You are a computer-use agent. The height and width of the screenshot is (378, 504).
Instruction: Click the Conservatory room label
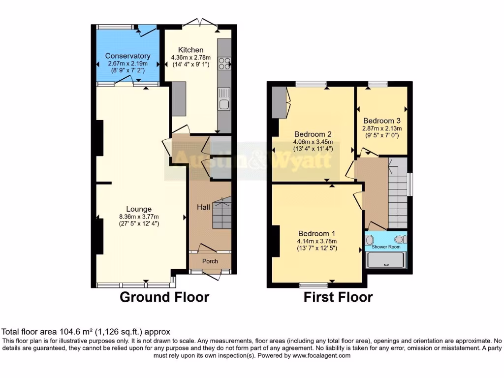[127, 56]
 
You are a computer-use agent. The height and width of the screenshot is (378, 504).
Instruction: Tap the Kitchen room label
[190, 50]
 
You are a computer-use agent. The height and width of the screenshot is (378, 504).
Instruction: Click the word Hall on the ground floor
[203, 208]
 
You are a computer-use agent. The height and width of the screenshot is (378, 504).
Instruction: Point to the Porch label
[210, 261]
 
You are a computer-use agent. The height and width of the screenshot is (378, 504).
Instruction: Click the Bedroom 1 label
[316, 233]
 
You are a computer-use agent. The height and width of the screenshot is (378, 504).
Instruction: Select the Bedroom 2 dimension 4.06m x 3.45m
[313, 142]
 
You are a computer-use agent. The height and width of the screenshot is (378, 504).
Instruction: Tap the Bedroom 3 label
[381, 121]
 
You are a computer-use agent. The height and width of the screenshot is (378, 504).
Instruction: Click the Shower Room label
[386, 247]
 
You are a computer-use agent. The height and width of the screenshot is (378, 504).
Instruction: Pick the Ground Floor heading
[164, 297]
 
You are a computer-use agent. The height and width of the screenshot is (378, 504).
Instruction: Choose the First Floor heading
[338, 297]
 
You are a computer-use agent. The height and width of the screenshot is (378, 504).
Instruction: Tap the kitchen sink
[224, 104]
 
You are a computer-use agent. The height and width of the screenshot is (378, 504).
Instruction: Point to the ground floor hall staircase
[221, 213]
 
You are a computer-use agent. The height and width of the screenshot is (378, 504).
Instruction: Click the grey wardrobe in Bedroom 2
[279, 102]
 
